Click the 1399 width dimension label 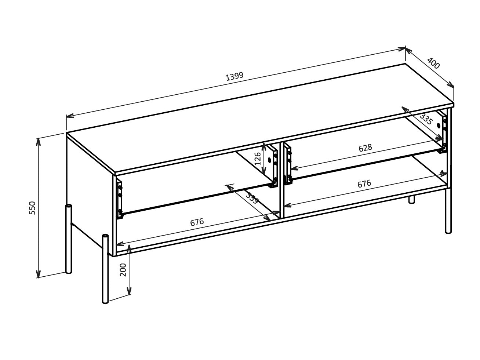tap(234, 76)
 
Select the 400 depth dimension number tap(433, 63)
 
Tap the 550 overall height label tap(33, 208)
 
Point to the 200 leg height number tap(123, 269)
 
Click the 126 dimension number tap(258, 158)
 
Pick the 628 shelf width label tap(365, 148)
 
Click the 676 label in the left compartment tap(197, 222)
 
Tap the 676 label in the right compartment tap(364, 183)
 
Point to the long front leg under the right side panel tap(448, 211)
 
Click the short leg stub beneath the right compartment tap(412, 199)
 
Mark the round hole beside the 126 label tap(269, 160)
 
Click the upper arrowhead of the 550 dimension tap(38, 141)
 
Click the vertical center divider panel tap(282, 180)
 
